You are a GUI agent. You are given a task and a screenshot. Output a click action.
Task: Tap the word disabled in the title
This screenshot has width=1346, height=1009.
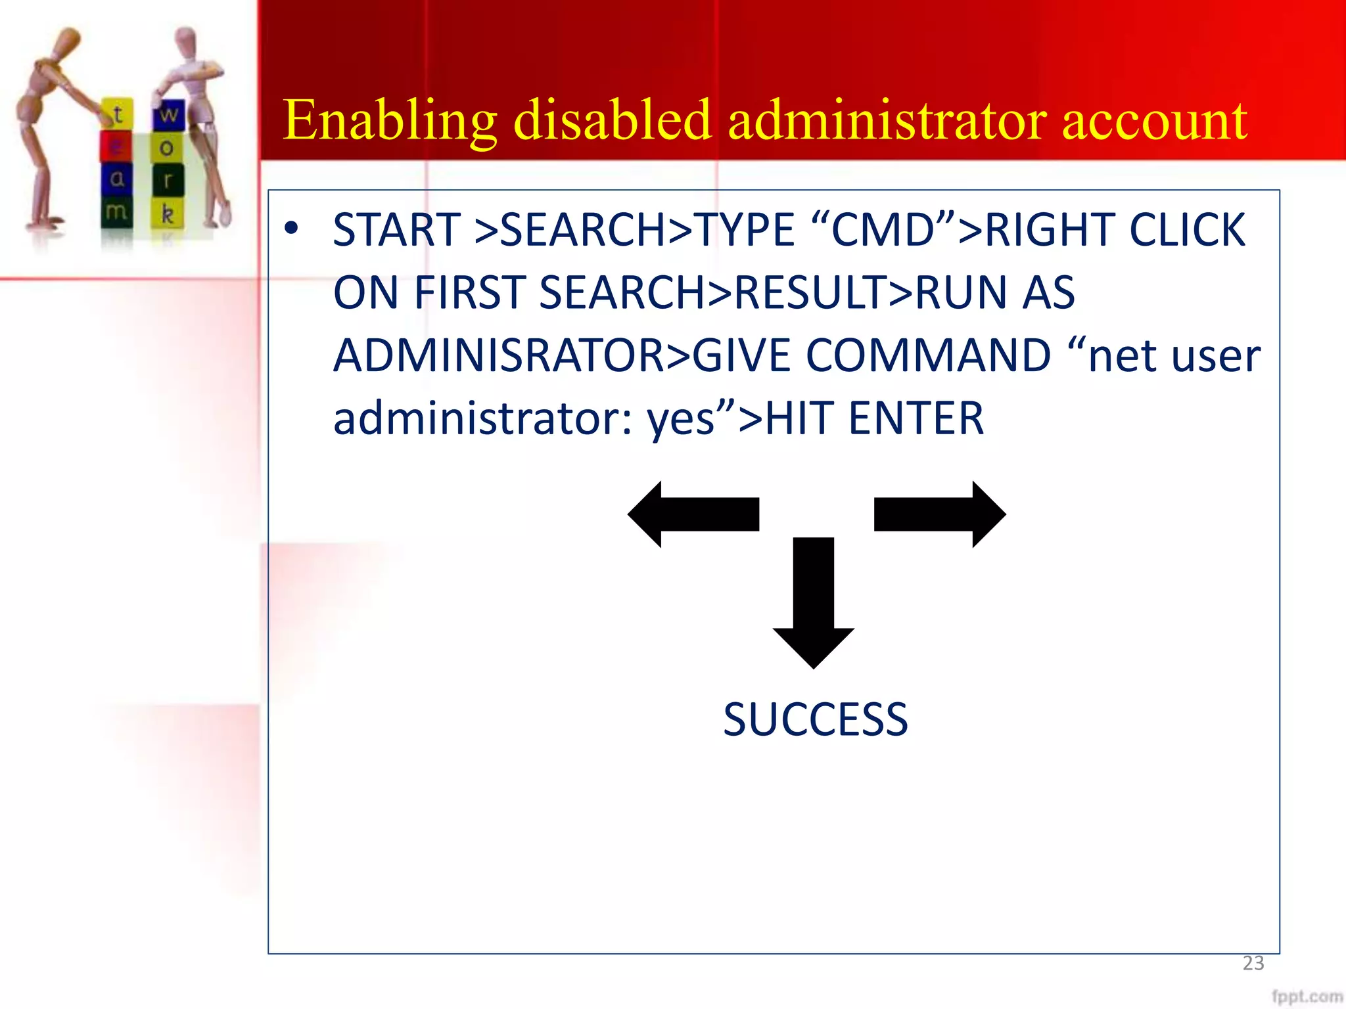pyautogui.click(x=612, y=121)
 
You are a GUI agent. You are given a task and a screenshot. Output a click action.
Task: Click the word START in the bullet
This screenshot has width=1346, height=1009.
pyautogui.click(x=396, y=230)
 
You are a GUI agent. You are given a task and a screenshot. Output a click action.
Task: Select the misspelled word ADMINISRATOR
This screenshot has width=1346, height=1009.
pyautogui.click(x=499, y=355)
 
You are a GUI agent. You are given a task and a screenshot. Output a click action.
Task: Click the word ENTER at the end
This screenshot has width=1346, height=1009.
pyautogui.click(x=916, y=418)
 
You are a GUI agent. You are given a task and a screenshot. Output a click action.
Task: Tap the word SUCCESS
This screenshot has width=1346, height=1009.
pyautogui.click(x=815, y=719)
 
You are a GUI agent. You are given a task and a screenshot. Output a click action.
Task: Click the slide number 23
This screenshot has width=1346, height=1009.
pyautogui.click(x=1253, y=963)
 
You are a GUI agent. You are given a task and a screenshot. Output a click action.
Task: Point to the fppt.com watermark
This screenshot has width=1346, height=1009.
pyautogui.click(x=1307, y=996)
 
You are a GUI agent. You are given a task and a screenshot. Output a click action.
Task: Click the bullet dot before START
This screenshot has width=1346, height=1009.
pyautogui.click(x=291, y=229)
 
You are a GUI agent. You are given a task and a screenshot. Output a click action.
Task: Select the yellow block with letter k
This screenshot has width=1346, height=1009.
pyautogui.click(x=168, y=214)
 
